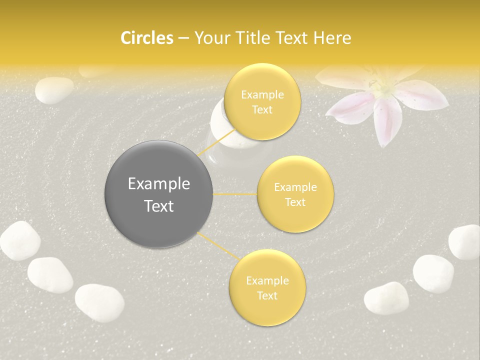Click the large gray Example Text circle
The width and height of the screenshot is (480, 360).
click(x=159, y=194)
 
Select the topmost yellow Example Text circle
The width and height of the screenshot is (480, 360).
click(x=262, y=102)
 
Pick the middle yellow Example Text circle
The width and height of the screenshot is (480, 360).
click(x=295, y=194)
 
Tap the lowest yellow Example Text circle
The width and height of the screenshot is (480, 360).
click(x=267, y=287)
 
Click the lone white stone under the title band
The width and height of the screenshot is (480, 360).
click(x=54, y=90)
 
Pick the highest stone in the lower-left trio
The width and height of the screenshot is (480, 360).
click(x=20, y=241)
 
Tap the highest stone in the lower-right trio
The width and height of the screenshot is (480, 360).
click(x=465, y=242)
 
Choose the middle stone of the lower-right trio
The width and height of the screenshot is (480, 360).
click(x=433, y=273)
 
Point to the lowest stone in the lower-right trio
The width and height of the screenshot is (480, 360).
click(x=386, y=298)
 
